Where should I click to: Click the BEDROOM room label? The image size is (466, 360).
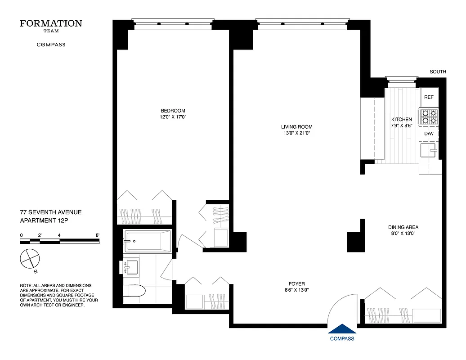[x=173, y=111]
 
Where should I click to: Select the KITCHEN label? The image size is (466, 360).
[x=401, y=119]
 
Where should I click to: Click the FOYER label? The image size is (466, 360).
[x=297, y=283]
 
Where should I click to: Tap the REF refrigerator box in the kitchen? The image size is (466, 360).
[x=429, y=97]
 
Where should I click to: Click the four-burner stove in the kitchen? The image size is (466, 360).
[x=428, y=117]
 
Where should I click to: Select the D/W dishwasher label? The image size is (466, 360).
[x=429, y=134]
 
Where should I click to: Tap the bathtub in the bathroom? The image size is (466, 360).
[x=148, y=242]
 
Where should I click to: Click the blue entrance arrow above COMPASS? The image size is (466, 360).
[x=342, y=329]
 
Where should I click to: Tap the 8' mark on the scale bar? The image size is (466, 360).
[x=97, y=235]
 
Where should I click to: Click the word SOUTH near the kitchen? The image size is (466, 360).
[x=438, y=72]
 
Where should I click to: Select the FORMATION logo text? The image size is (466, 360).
[x=51, y=23]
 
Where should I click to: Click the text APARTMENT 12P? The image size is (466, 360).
[x=44, y=220]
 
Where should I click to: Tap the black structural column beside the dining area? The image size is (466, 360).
[x=355, y=238]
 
